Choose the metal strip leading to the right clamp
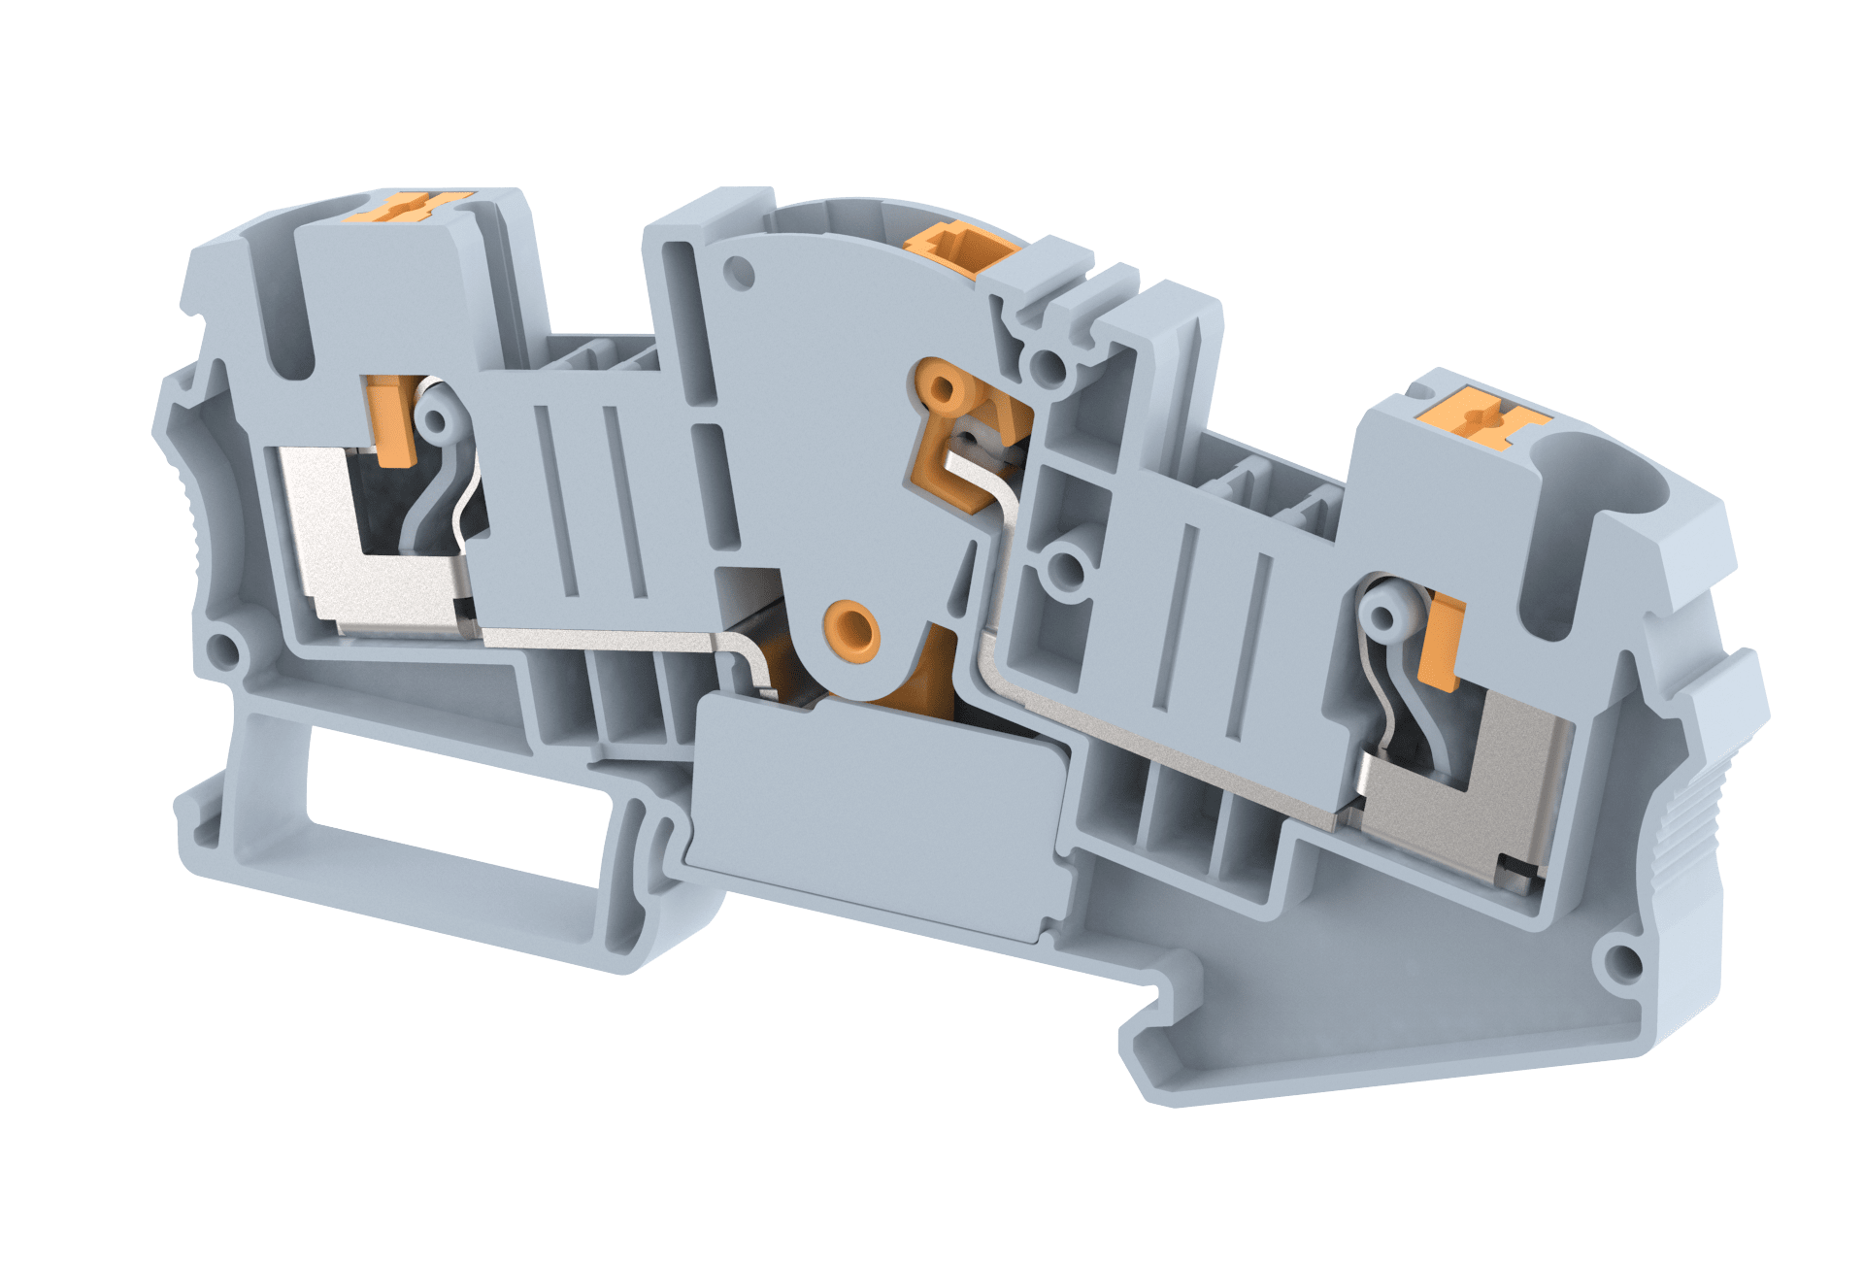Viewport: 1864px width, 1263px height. [1165, 738]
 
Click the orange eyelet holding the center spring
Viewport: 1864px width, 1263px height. [942, 388]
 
